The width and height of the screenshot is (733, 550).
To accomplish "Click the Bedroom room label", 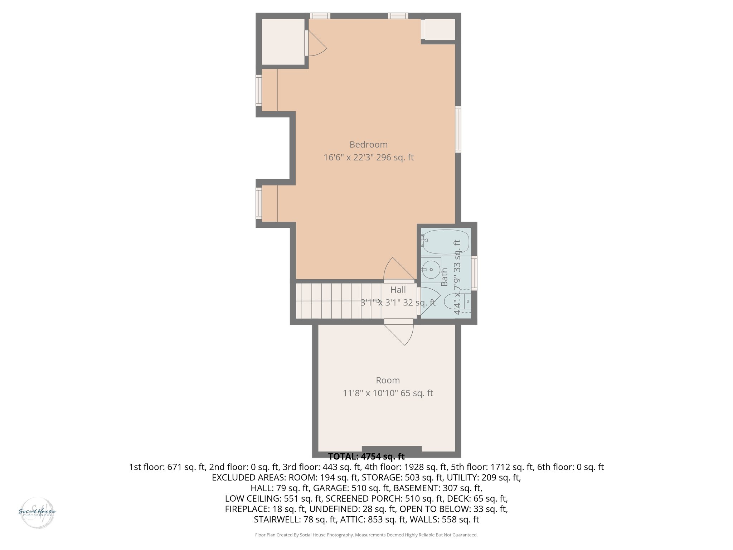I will pyautogui.click(x=368, y=145).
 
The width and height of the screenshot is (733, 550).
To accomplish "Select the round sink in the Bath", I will pyautogui.click(x=431, y=269).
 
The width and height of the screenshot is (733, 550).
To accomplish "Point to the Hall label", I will pyautogui.click(x=398, y=290).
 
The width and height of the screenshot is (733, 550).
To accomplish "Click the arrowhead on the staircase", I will pyautogui.click(x=379, y=301).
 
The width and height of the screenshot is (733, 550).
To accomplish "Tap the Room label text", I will pyautogui.click(x=388, y=380).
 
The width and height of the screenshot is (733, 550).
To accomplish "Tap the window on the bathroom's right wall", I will pyautogui.click(x=474, y=273).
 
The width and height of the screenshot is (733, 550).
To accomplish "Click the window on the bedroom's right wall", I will pyautogui.click(x=458, y=129).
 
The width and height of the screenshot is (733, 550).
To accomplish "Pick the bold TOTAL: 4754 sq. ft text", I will pyautogui.click(x=366, y=457).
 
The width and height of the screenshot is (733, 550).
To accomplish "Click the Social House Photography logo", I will pyautogui.click(x=37, y=512).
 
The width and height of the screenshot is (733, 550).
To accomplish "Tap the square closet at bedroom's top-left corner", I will pyautogui.click(x=283, y=42).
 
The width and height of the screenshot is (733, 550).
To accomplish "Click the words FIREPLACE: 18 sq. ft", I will pyautogui.click(x=265, y=509).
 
